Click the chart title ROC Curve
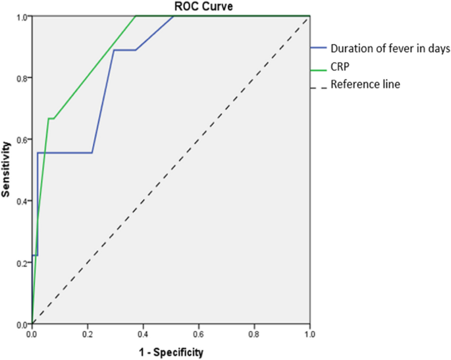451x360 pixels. click(x=171, y=6)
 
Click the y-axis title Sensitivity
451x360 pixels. click(x=7, y=169)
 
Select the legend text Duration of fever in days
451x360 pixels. click(x=390, y=48)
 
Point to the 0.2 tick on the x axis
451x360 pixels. click(x=88, y=334)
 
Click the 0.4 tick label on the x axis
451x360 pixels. click(x=143, y=334)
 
